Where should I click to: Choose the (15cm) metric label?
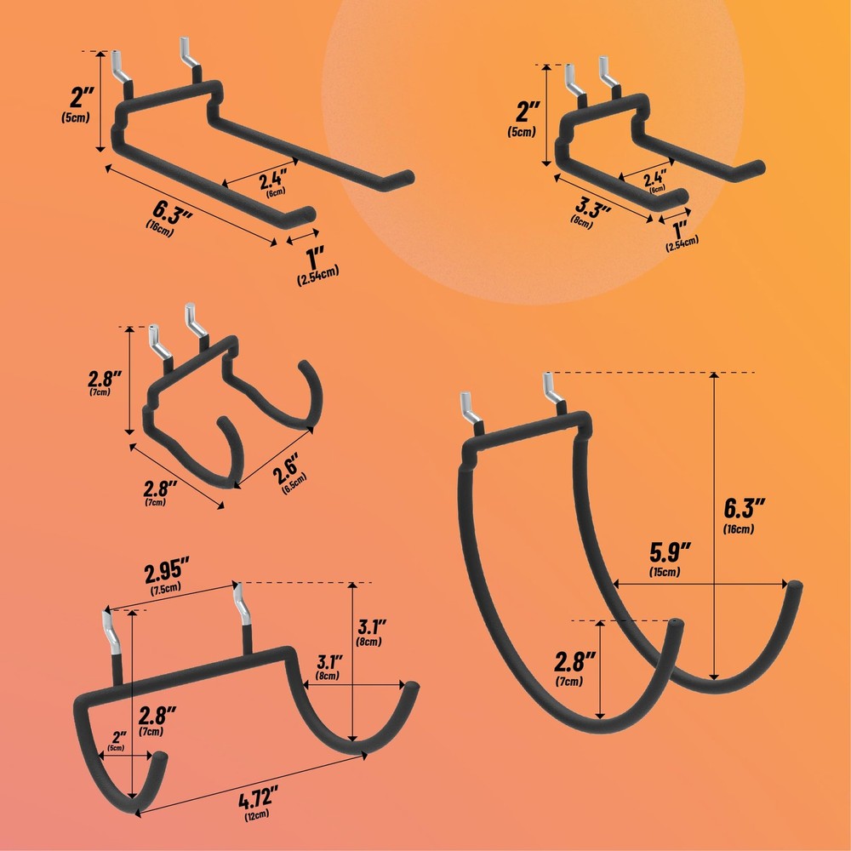click(x=664, y=572)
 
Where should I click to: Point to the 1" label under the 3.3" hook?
click(x=681, y=229)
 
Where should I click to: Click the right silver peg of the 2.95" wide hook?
click(x=241, y=603)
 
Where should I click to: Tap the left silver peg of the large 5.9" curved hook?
click(x=471, y=410)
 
